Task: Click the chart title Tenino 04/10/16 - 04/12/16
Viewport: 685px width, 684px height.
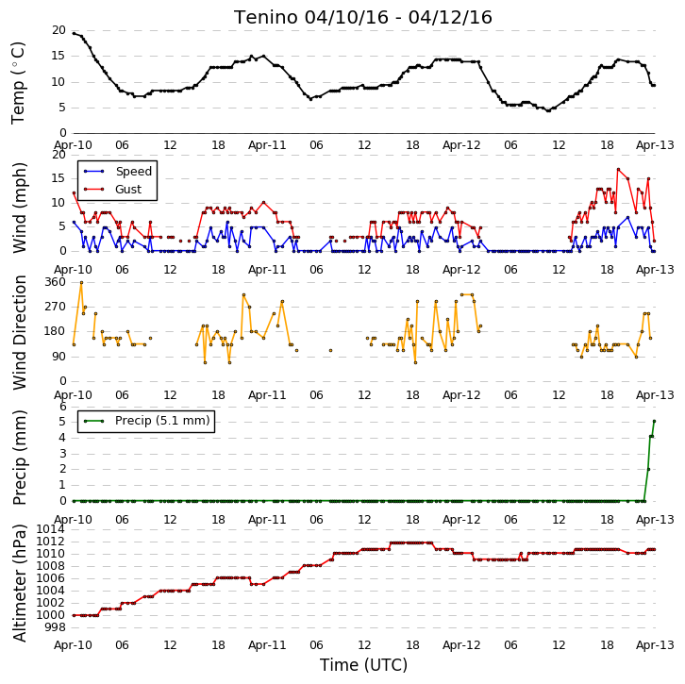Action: pyautogui.click(x=363, y=18)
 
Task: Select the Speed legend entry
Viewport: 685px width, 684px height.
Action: pyautogui.click(x=118, y=171)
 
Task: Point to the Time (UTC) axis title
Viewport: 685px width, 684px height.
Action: pyautogui.click(x=363, y=665)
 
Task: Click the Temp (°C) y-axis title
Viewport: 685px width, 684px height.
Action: pyautogui.click(x=18, y=83)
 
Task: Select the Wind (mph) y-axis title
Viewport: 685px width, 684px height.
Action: pyautogui.click(x=20, y=208)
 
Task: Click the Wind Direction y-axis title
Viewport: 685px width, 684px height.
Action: pyautogui.click(x=20, y=332)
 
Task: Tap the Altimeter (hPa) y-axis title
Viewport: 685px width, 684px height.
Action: pyautogui.click(x=20, y=583)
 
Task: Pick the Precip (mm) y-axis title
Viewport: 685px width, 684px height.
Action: pyautogui.click(x=20, y=458)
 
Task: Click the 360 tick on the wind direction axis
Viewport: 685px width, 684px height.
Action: pyautogui.click(x=55, y=282)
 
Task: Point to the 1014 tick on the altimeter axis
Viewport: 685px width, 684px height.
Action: pyautogui.click(x=50, y=529)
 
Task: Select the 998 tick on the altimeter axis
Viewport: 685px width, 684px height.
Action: pyautogui.click(x=55, y=627)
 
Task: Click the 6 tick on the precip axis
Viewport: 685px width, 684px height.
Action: pyautogui.click(x=63, y=407)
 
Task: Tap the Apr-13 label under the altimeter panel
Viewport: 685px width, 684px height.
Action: pyautogui.click(x=655, y=645)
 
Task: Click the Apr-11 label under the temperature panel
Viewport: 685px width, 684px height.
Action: pyautogui.click(x=267, y=145)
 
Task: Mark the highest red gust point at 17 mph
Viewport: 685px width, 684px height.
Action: pyautogui.click(x=618, y=169)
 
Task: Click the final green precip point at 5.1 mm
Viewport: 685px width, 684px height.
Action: pyautogui.click(x=654, y=421)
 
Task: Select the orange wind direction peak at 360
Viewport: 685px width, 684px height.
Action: pyautogui.click(x=81, y=283)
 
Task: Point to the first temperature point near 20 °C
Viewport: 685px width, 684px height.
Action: pyautogui.click(x=74, y=33)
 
